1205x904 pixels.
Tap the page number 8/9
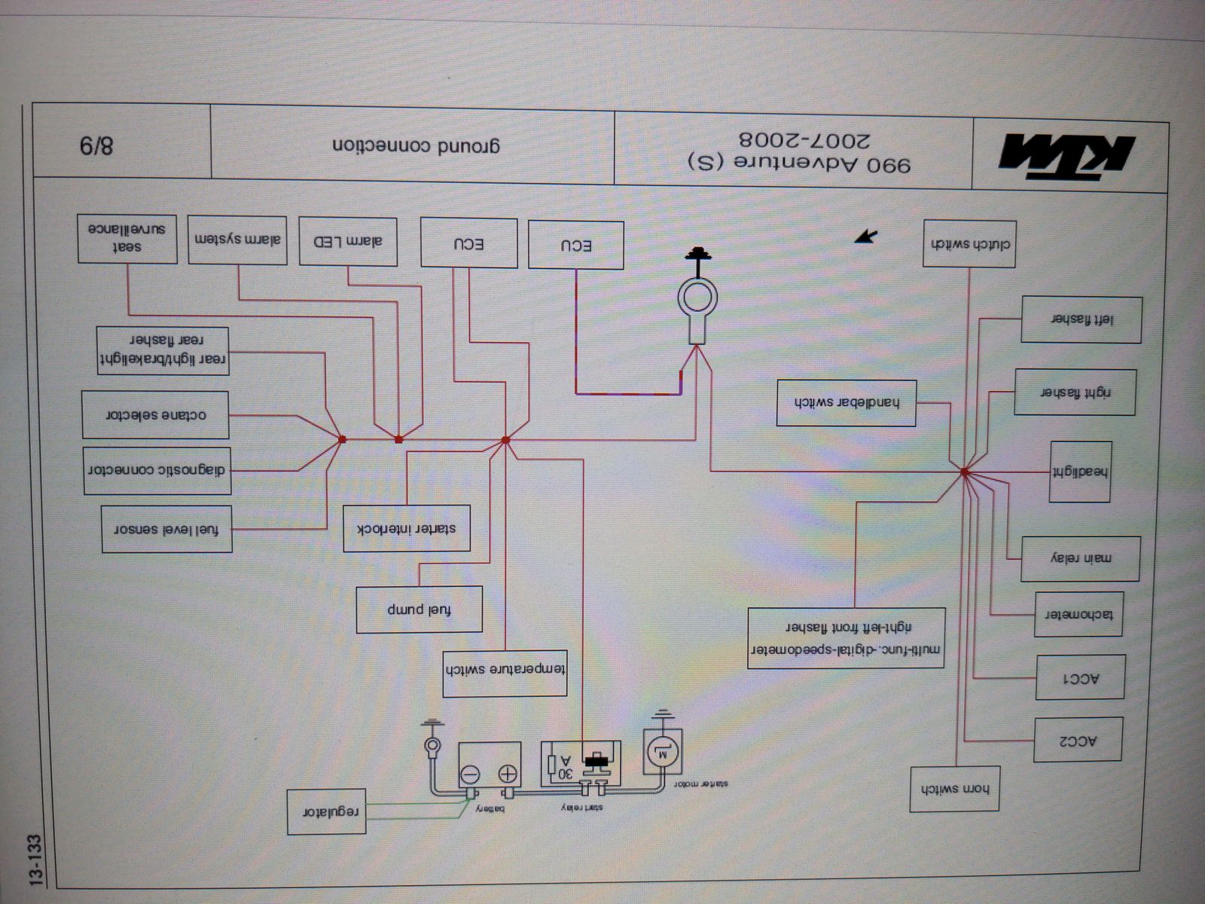click(96, 143)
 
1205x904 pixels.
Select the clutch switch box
click(970, 244)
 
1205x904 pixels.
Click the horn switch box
click(954, 789)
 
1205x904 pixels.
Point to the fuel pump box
click(419, 609)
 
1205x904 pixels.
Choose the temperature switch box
click(505, 672)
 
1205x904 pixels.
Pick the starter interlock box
click(407, 528)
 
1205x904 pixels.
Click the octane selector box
click(155, 414)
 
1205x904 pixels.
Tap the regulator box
click(327, 811)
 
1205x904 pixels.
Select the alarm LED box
click(348, 242)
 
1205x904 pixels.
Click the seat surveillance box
click(127, 238)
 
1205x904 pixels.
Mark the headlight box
click(1081, 472)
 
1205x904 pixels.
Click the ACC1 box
click(1081, 678)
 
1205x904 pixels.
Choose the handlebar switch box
click(847, 402)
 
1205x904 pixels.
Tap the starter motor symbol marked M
click(664, 750)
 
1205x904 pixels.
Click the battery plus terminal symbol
click(508, 774)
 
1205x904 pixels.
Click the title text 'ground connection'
click(416, 145)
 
